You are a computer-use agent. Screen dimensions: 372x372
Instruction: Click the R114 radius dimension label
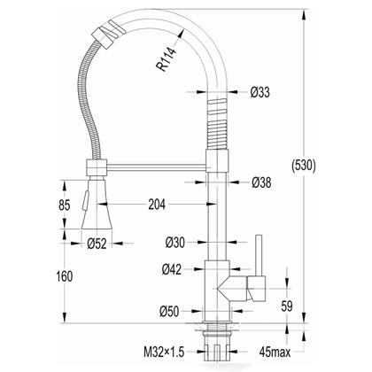(x=167, y=59)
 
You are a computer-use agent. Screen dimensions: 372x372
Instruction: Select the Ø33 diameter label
(x=260, y=92)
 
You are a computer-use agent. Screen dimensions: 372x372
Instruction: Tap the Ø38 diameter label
(x=261, y=182)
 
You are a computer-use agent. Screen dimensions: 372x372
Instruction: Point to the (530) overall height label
(x=304, y=166)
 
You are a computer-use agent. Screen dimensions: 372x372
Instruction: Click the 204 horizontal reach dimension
(x=157, y=204)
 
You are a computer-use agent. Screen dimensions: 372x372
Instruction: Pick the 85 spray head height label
(x=65, y=205)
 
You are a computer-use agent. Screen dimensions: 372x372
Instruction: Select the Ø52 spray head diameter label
(x=97, y=244)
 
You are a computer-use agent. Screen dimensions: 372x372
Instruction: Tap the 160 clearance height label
(x=65, y=276)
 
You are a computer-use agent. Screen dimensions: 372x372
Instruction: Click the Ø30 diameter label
(x=175, y=243)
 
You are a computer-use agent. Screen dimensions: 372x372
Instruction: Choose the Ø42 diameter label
(x=172, y=269)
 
